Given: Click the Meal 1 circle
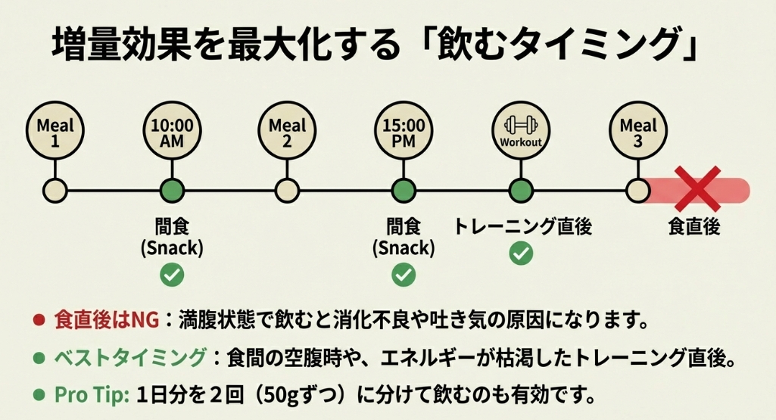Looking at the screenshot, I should pos(56,133).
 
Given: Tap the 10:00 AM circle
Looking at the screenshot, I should pos(173,133).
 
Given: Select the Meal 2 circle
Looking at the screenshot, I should pos(286,133).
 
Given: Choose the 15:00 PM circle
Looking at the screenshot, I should pos(404,133).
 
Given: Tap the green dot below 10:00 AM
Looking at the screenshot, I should pos(173,189).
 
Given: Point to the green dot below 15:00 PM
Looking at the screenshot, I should pos(404,189).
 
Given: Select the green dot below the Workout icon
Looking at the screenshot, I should pos(519,189).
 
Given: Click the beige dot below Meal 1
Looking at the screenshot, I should pos(56,189).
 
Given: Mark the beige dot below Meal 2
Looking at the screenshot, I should pos(286,189).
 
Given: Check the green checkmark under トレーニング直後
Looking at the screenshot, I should pos(520,253).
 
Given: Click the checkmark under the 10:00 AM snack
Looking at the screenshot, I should pos(173,275).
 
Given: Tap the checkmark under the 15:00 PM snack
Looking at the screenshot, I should pos(404,275).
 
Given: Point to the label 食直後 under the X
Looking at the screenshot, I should pos(693,226).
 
